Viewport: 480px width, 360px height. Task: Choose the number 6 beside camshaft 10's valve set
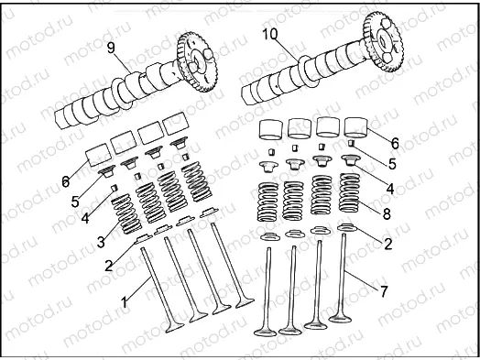(395, 143)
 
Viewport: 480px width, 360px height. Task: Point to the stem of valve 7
(346, 275)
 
